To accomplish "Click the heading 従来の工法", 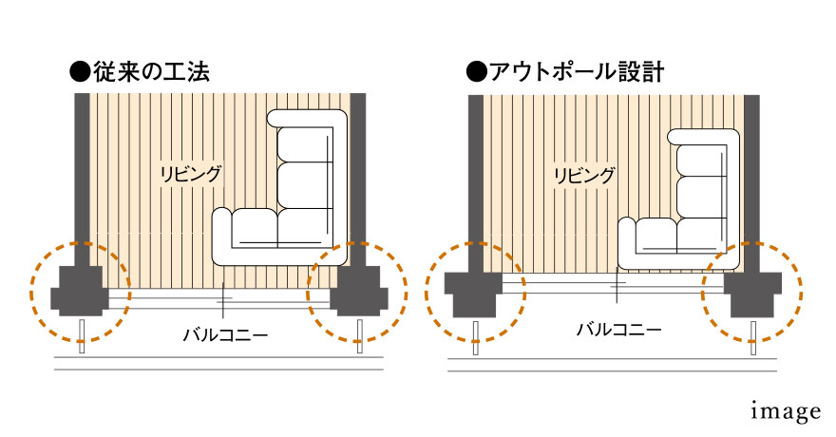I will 150,71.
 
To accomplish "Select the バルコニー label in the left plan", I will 225,333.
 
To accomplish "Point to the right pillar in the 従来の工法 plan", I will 358,290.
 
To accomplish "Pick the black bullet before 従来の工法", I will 80,71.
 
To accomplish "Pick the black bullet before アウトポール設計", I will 473,72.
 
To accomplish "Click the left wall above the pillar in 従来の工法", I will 81,171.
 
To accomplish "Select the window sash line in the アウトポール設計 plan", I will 613,282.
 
